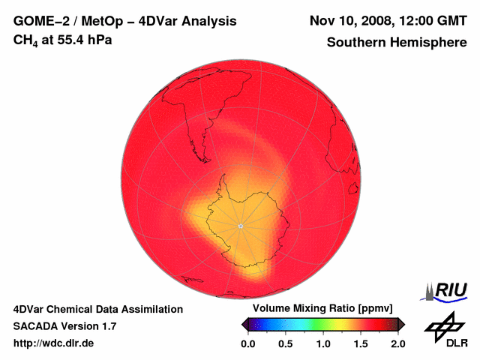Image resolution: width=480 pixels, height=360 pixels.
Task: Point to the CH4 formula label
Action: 25,40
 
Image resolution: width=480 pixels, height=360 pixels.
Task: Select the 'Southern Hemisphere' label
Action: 396,43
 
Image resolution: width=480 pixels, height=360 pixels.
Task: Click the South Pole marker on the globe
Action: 240,226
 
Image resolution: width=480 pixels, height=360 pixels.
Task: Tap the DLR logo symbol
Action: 442,325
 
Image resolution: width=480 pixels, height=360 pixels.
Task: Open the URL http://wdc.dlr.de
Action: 54,343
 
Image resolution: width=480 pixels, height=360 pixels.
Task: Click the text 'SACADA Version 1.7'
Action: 64,326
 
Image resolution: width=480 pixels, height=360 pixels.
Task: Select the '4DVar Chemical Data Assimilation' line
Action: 97,309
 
